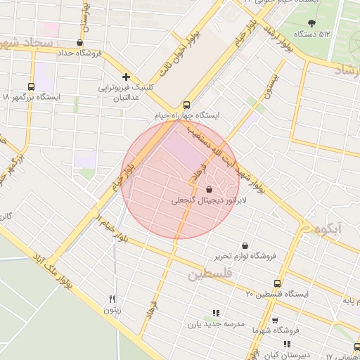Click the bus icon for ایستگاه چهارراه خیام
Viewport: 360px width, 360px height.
click(x=186, y=102)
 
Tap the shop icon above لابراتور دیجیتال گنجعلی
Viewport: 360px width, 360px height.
click(x=209, y=189)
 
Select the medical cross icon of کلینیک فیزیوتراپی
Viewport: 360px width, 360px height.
click(x=126, y=76)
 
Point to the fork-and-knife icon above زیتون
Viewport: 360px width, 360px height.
click(x=112, y=299)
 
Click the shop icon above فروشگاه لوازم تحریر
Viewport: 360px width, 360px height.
click(x=244, y=246)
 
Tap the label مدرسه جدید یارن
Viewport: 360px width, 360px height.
click(x=214, y=325)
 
